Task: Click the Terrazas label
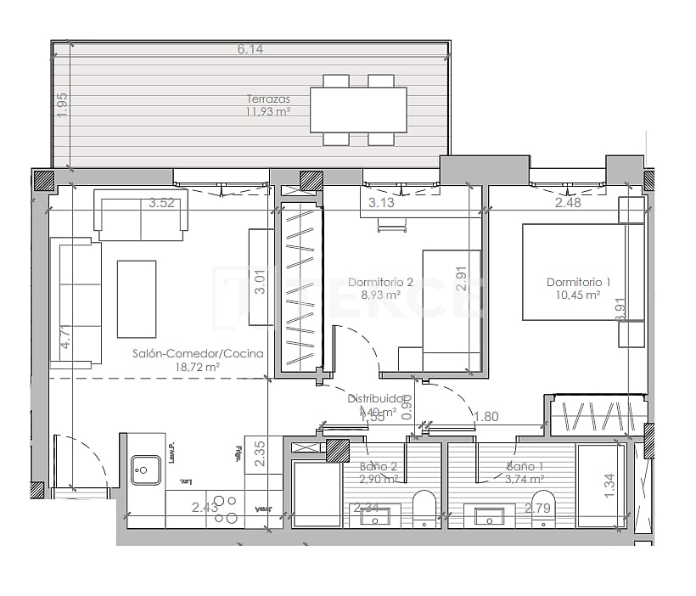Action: pos(268,98)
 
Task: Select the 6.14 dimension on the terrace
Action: pos(250,49)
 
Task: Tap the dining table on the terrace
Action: pos(358,110)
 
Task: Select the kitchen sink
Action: pos(146,469)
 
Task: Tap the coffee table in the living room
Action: pos(137,299)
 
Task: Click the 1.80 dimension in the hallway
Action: pos(486,416)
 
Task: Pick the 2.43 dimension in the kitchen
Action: pos(205,507)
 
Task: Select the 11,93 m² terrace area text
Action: pos(268,111)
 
